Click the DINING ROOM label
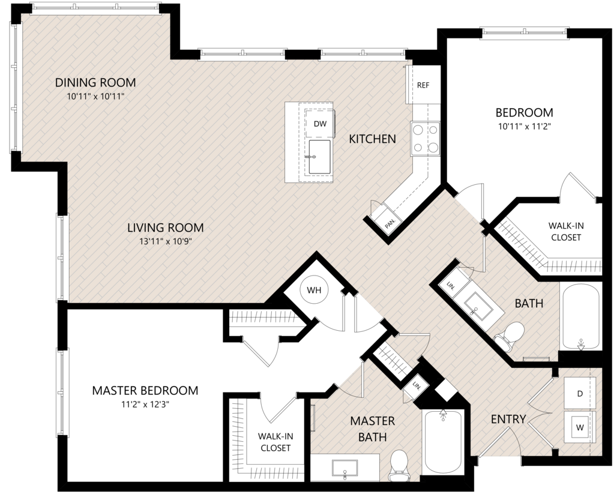(95, 82)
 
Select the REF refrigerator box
(423, 85)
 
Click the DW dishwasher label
(320, 124)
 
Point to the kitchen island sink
(319, 157)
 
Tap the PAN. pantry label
(390, 224)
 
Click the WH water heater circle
(314, 291)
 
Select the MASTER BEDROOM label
(145, 390)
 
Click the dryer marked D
(580, 393)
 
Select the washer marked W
(580, 427)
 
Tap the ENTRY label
(508, 419)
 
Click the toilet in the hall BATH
(510, 336)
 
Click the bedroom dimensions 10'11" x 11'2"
(525, 127)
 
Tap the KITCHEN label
(372, 139)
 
